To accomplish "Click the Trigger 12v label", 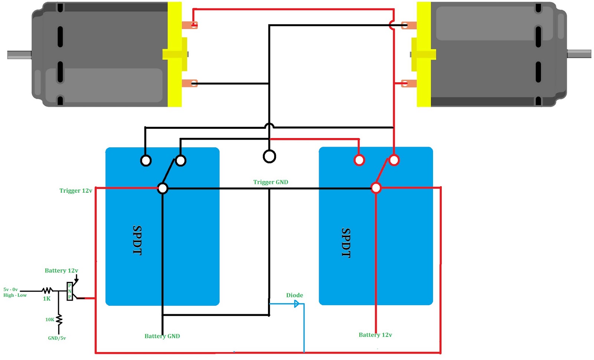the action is tap(76, 191).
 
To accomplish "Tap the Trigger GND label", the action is tap(271, 182).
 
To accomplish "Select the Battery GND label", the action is tap(162, 336).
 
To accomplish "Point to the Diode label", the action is tap(294, 295).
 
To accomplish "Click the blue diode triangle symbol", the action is tap(297, 304).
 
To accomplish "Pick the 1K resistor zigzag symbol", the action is tap(47, 291).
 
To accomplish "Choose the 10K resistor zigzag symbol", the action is tap(59, 320).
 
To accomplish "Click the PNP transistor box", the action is tap(70, 291).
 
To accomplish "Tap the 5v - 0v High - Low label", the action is tap(15, 292).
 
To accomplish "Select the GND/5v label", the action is tap(57, 338).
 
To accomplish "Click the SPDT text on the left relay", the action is tap(137, 240).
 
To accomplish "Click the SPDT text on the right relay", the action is tap(346, 243).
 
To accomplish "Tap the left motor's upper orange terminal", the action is tap(190, 25).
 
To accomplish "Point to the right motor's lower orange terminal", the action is tap(409, 84).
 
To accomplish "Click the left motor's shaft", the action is tap(19, 55).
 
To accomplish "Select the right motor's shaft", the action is tap(579, 54).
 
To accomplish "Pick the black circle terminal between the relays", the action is tap(270, 156).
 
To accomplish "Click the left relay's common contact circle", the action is tap(163, 189).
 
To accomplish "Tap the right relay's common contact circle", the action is tap(376, 188).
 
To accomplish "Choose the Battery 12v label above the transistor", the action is tap(61, 271).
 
